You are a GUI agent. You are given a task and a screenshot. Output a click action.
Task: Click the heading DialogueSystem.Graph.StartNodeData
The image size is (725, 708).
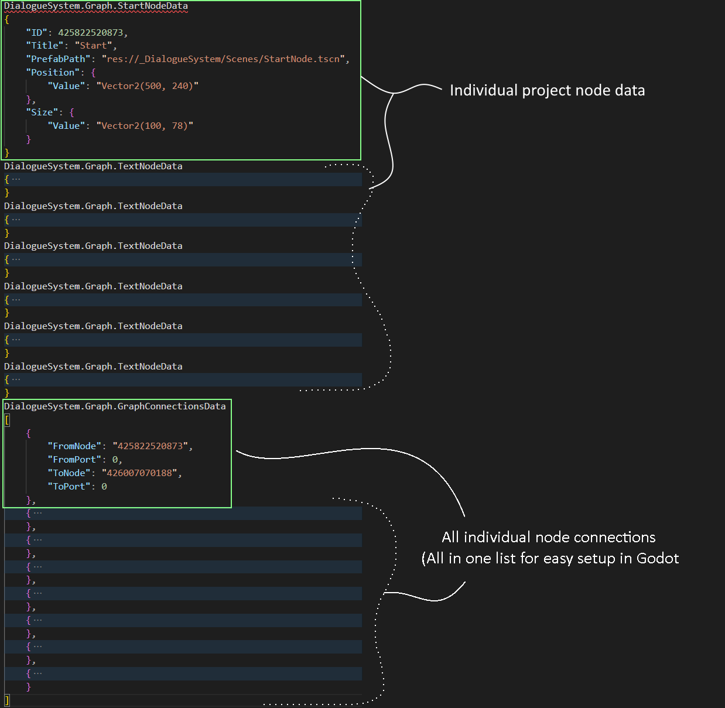point(96,6)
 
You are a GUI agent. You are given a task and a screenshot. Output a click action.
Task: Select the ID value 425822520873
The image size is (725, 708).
point(90,32)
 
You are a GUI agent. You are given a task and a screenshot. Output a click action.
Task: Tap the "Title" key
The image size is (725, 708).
point(45,46)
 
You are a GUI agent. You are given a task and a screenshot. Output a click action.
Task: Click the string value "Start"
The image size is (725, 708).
point(93,46)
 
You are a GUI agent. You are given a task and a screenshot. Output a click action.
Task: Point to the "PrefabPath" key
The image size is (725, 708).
point(58,59)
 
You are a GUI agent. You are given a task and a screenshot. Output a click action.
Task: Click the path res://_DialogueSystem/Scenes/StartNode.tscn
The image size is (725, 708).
point(223,59)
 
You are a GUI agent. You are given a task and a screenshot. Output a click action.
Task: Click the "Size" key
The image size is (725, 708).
point(42,112)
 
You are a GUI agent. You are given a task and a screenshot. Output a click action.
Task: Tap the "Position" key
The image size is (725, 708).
point(53,73)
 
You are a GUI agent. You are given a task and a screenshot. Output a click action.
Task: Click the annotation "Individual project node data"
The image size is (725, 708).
point(547,90)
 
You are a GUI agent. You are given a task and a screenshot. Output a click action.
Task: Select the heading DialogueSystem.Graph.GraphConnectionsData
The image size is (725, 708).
point(115,406)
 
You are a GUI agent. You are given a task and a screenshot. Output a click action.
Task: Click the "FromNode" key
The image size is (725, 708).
point(74,446)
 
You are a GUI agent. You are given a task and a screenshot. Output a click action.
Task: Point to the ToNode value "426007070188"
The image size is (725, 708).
point(139,473)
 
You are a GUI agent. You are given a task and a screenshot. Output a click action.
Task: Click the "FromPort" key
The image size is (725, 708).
point(74,460)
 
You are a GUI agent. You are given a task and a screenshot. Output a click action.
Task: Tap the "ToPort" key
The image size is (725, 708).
point(69,487)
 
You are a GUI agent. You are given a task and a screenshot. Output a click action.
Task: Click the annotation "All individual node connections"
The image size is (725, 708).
point(548,537)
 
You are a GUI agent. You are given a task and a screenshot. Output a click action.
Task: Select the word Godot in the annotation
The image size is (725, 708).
point(657,558)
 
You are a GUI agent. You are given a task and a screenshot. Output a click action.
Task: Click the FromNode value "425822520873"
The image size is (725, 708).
point(151,446)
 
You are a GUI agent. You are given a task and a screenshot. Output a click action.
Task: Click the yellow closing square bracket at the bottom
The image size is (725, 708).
point(7,700)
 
